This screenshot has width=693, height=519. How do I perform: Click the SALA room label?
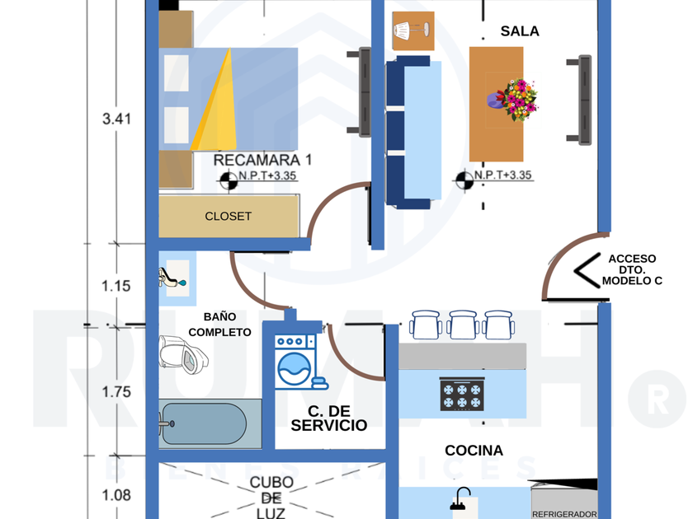tap(519, 31)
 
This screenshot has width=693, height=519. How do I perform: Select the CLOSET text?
tap(229, 217)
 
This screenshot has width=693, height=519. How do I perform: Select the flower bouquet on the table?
tap(516, 99)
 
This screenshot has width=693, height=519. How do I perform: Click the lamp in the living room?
tap(410, 30)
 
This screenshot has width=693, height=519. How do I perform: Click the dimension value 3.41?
tap(116, 119)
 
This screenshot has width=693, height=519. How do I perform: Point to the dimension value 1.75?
tap(116, 392)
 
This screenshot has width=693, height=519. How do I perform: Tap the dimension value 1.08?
tap(116, 495)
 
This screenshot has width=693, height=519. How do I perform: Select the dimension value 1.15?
tap(116, 287)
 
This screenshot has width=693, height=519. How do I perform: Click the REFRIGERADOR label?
tap(564, 513)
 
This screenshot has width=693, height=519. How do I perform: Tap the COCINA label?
tap(474, 451)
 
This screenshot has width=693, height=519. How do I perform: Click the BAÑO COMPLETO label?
tap(219, 324)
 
